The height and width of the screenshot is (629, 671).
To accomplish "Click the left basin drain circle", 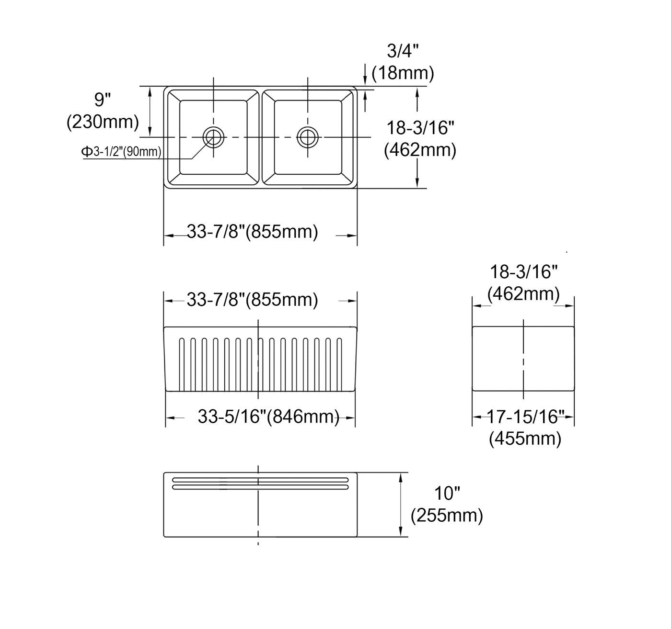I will tap(213, 137).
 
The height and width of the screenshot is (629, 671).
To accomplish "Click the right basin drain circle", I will tap(307, 137).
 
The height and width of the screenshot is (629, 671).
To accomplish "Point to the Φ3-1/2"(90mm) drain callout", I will tap(121, 152).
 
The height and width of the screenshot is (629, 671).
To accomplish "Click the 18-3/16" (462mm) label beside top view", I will tap(420, 139).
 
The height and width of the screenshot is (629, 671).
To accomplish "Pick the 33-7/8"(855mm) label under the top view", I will tap(252, 232).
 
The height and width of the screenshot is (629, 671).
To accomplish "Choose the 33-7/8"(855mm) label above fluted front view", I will tap(252, 300).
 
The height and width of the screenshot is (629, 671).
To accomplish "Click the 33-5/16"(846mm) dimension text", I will tap(268, 416).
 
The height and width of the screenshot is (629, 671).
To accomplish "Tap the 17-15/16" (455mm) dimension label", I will tap(524, 427).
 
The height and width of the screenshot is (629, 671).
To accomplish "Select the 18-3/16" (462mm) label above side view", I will tap(523, 282).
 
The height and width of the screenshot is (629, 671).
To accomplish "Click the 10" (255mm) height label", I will tap(447, 504).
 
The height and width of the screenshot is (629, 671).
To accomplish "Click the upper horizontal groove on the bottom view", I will tap(260, 480).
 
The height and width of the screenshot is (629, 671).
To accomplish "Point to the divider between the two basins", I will tap(260, 137).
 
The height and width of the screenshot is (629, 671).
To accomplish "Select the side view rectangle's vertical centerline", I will tap(523, 359).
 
